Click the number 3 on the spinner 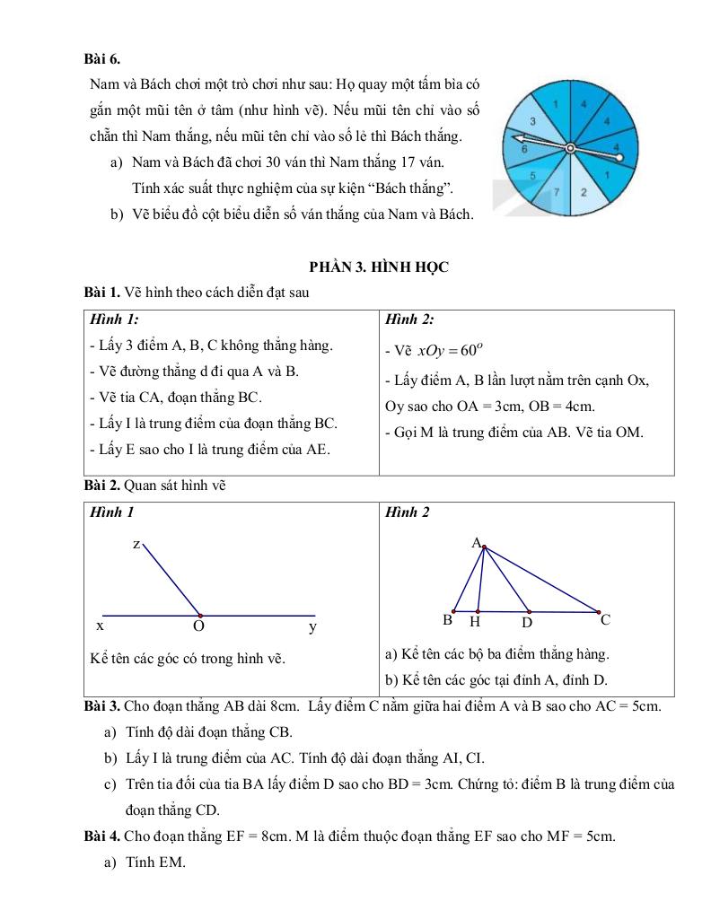click(x=533, y=121)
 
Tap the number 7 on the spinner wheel click(x=557, y=191)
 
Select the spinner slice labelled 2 click(x=584, y=191)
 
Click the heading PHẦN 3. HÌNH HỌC click(x=378, y=267)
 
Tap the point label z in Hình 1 click(x=136, y=544)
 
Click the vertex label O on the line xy click(x=199, y=626)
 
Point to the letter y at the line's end click(x=312, y=626)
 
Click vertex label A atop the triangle click(x=476, y=542)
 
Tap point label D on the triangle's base click(x=527, y=621)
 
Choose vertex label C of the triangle click(x=605, y=619)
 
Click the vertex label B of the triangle click(x=448, y=620)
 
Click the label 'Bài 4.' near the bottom click(x=101, y=836)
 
